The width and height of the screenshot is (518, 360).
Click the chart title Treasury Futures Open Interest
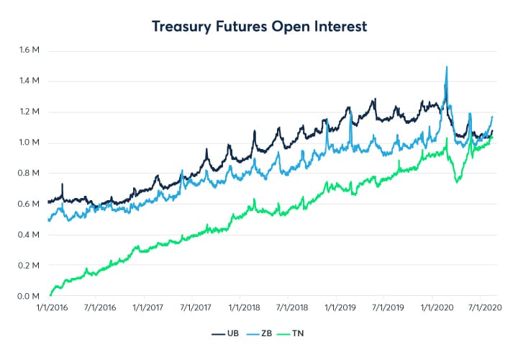tap(259, 27)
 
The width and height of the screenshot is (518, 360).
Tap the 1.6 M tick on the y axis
tap(30, 50)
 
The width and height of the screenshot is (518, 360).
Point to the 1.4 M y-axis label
tap(30, 81)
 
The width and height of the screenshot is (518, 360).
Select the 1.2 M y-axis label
tap(30, 112)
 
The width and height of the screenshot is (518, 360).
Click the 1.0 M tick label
tap(30, 143)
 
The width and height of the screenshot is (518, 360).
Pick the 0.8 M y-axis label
tap(30, 174)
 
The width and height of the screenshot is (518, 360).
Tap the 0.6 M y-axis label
tap(30, 204)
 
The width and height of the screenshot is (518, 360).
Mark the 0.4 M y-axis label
tap(30, 235)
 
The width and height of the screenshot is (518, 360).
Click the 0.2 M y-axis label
tap(30, 266)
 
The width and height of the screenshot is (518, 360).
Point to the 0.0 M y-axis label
tap(30, 297)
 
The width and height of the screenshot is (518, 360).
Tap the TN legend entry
tap(296, 335)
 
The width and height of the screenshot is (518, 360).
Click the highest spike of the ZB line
tap(447, 67)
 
